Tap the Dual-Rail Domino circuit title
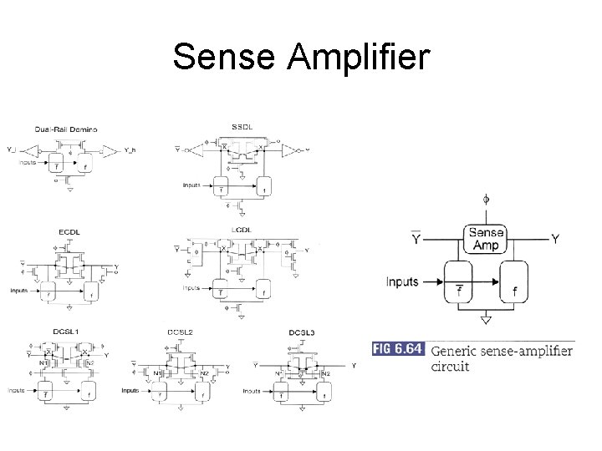point(66,129)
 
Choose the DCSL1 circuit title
point(65,332)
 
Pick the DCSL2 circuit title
point(180,332)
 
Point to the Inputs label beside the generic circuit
point(401,281)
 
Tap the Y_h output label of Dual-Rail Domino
point(130,150)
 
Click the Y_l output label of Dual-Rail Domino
point(10,150)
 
